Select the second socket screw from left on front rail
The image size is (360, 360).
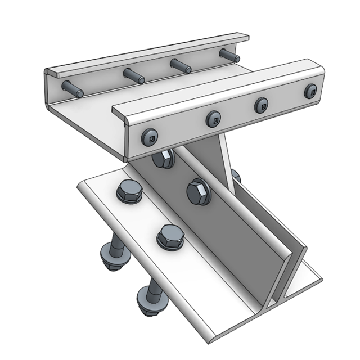pyautogui.click(x=213, y=119)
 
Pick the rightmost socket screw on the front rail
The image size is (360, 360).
pyautogui.click(x=310, y=91)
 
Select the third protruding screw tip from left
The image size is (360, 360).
pyautogui.click(x=181, y=65)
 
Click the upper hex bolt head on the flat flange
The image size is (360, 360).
pyautogui.click(x=129, y=192)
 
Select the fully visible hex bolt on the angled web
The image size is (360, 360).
pyautogui.click(x=199, y=191)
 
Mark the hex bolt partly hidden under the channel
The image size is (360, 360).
pyautogui.click(x=163, y=160)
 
